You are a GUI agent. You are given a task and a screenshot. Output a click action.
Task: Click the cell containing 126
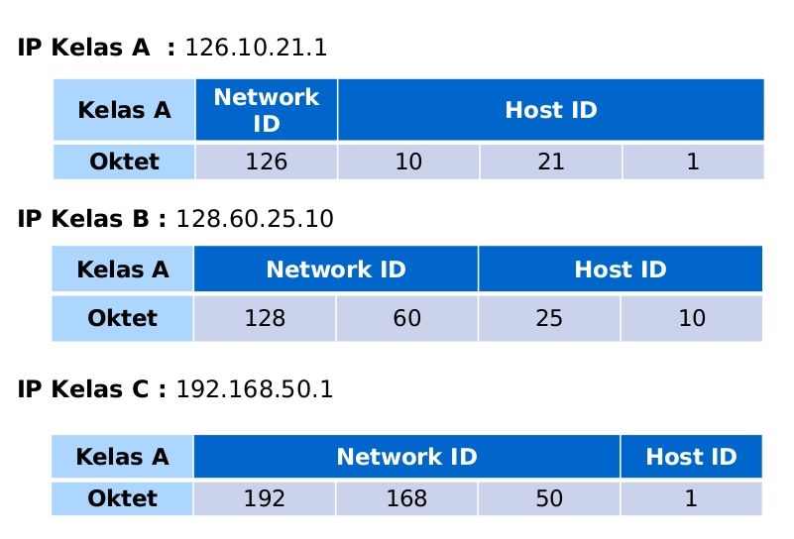coord(266,162)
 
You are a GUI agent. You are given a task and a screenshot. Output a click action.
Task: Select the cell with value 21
coord(550,162)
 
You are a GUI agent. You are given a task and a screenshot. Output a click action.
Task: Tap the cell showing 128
coord(265,318)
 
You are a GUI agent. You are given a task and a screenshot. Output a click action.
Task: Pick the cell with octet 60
coord(406,318)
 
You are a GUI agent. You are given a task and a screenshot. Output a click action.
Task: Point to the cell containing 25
coord(548,318)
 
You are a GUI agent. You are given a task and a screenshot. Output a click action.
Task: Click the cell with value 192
coord(265,498)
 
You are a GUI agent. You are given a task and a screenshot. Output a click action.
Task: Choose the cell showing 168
coord(406,498)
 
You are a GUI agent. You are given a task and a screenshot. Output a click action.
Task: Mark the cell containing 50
coord(549,498)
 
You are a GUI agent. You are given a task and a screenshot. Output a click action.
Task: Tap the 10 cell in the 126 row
coord(408,162)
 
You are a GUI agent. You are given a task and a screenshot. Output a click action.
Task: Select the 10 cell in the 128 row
coord(692,318)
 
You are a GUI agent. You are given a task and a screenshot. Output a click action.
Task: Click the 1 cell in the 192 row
coord(691,498)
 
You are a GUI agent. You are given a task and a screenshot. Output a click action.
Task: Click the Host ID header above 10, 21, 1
coord(551,110)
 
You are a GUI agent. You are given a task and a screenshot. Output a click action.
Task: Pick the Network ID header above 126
coord(267,110)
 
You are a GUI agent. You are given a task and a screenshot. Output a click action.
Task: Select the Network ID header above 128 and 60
coord(336,269)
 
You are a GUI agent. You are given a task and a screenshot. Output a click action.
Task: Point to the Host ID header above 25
coord(621,269)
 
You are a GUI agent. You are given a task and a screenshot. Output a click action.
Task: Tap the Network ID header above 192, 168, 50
coord(406,457)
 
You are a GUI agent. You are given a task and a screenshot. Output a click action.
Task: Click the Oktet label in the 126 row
coord(125,162)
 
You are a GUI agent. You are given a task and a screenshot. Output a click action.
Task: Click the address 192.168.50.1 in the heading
coord(254,389)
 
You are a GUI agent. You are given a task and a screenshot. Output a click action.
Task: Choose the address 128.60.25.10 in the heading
coord(254,219)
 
